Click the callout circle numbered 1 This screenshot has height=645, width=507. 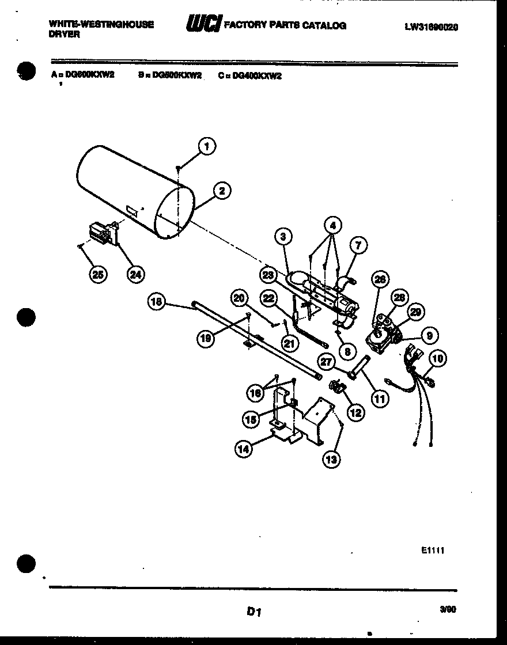click(207, 146)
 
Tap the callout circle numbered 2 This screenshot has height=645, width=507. click(221, 191)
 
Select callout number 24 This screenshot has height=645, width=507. click(135, 275)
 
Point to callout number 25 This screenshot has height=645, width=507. click(98, 275)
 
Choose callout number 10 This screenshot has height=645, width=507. click(438, 359)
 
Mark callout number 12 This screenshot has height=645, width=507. click(355, 412)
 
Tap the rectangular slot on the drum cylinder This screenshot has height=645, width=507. click(131, 212)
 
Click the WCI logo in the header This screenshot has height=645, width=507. click(203, 24)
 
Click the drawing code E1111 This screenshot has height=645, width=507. click(432, 551)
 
